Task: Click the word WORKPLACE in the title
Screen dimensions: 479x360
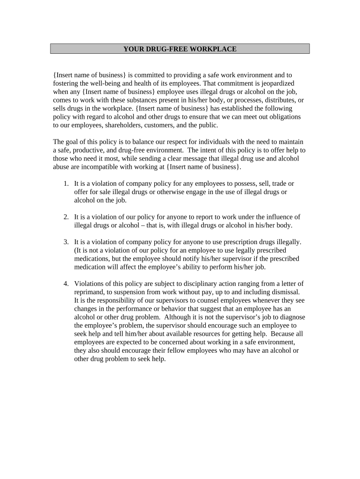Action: pos(214,49)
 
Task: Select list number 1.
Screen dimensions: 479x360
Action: pos(66,183)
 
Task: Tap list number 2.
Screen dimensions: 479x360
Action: pos(66,217)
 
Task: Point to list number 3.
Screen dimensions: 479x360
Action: pos(66,242)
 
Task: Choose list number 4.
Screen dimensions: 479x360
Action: pos(66,283)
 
